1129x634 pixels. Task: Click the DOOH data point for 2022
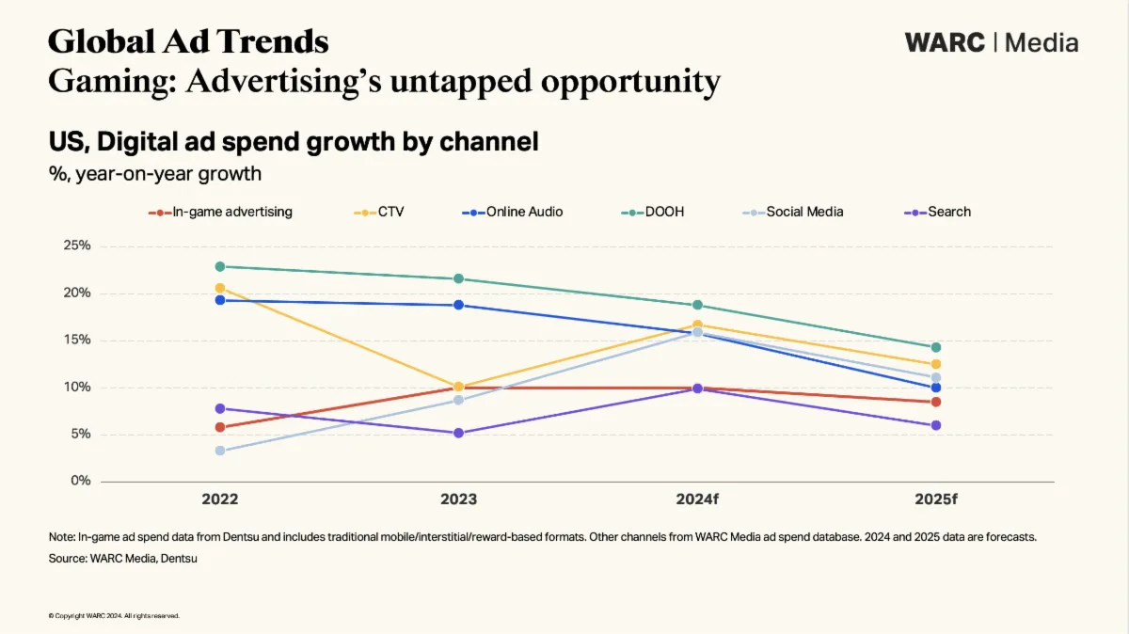tap(219, 266)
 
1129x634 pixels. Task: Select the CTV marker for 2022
tap(219, 288)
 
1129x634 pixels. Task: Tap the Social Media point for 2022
tap(219, 451)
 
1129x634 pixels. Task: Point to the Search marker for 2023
tap(458, 433)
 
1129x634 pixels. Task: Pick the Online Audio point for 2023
tap(458, 305)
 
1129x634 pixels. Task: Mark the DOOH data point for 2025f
tap(936, 347)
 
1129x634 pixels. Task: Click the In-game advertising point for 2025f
tap(936, 402)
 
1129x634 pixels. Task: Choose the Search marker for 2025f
tap(936, 425)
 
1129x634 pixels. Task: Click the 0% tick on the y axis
tap(81, 481)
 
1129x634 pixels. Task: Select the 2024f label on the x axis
tap(697, 499)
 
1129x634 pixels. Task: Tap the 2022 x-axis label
tap(219, 499)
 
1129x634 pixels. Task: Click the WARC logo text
tap(945, 42)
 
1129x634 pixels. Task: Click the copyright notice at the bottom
tap(113, 616)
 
